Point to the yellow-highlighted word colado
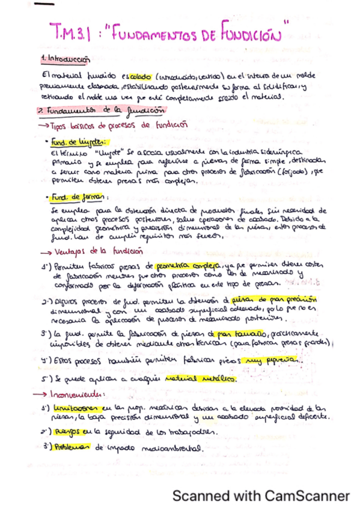tap(140, 77)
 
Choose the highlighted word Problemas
tap(72, 447)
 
